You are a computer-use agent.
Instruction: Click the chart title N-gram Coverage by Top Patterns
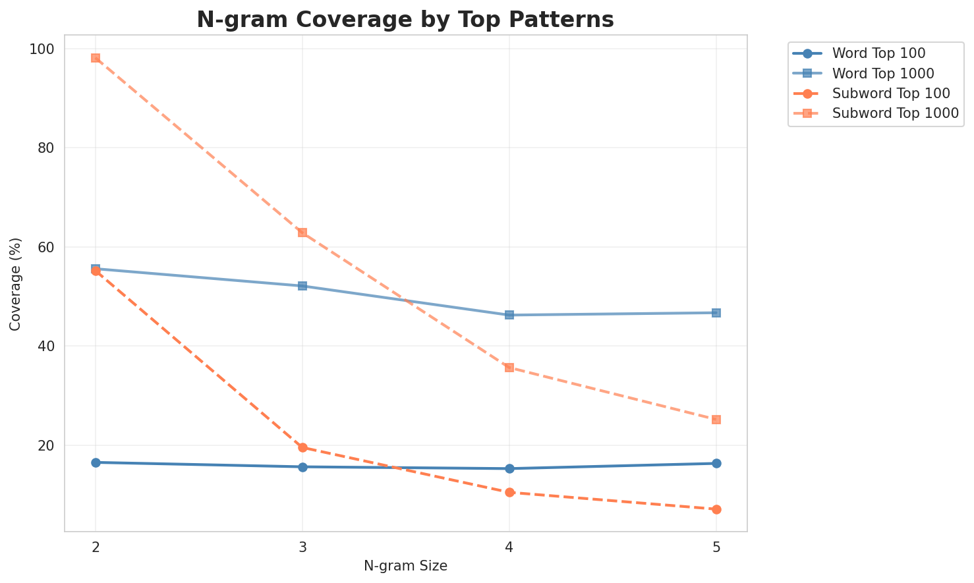(x=405, y=20)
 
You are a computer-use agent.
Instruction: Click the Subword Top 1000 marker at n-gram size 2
(x=96, y=58)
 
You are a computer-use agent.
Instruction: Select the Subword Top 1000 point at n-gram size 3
(x=302, y=233)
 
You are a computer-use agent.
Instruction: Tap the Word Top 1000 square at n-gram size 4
(x=509, y=315)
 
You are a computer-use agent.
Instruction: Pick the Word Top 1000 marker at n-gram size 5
(x=716, y=313)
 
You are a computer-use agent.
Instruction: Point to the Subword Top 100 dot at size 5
(x=716, y=509)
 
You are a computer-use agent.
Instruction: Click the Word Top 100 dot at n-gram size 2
(x=96, y=462)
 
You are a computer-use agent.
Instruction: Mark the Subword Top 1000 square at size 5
(x=716, y=420)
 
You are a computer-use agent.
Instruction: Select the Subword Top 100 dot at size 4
(x=509, y=492)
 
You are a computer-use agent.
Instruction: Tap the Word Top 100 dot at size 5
(x=716, y=463)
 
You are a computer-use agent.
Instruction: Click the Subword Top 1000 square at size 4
(x=509, y=368)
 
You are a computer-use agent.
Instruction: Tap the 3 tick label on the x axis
(x=302, y=547)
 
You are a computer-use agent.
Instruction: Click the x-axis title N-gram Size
(x=405, y=566)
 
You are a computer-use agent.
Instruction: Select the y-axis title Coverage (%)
(x=16, y=283)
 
